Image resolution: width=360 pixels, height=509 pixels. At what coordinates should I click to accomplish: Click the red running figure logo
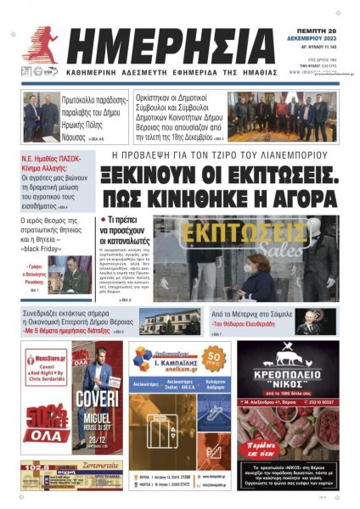click(39, 47)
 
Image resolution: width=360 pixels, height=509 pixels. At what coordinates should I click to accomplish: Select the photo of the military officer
click(73, 271)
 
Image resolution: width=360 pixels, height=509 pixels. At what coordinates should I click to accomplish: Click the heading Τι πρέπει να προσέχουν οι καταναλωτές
click(127, 230)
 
